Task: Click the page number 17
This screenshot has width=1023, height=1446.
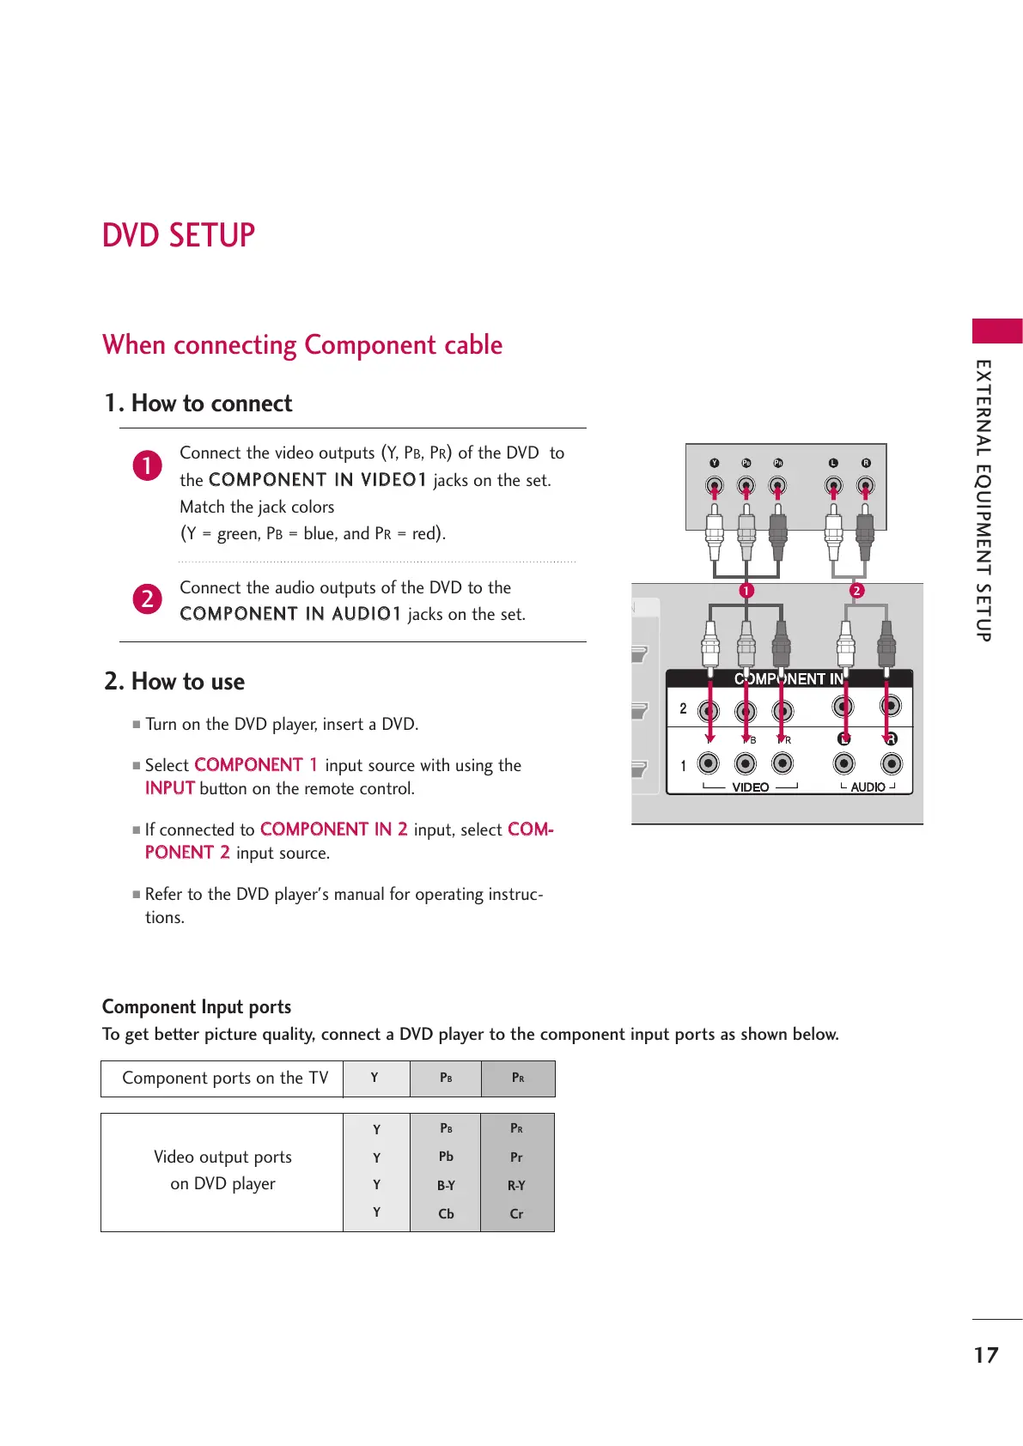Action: tap(985, 1355)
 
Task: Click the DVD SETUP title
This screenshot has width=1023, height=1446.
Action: tap(179, 235)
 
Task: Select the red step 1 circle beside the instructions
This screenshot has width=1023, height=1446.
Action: tap(148, 465)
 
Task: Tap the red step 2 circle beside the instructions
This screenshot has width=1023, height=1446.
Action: tap(148, 598)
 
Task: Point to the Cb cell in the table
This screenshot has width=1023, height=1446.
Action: tap(446, 1213)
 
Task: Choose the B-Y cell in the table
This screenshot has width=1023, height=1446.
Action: tap(446, 1185)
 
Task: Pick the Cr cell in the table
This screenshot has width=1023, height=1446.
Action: tap(516, 1213)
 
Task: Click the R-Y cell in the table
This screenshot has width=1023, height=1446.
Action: tap(516, 1185)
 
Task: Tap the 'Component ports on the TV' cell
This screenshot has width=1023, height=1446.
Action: tap(224, 1078)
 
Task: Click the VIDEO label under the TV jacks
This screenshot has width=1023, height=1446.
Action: tap(750, 787)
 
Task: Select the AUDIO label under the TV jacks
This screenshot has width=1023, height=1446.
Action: tap(868, 787)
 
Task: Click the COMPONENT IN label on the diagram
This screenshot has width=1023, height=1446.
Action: tap(789, 678)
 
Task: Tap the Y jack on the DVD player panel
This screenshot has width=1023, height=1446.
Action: tap(715, 486)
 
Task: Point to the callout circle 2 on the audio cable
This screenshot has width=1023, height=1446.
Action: tap(856, 591)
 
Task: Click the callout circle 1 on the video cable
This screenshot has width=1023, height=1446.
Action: tap(746, 591)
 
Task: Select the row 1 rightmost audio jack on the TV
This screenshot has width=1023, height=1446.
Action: tap(892, 763)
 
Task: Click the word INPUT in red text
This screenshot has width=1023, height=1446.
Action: tap(169, 788)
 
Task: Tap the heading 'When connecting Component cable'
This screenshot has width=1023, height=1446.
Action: tap(302, 345)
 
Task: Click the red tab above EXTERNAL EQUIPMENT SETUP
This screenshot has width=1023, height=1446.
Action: tap(997, 331)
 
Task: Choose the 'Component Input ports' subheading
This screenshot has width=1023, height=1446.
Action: tap(197, 1006)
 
